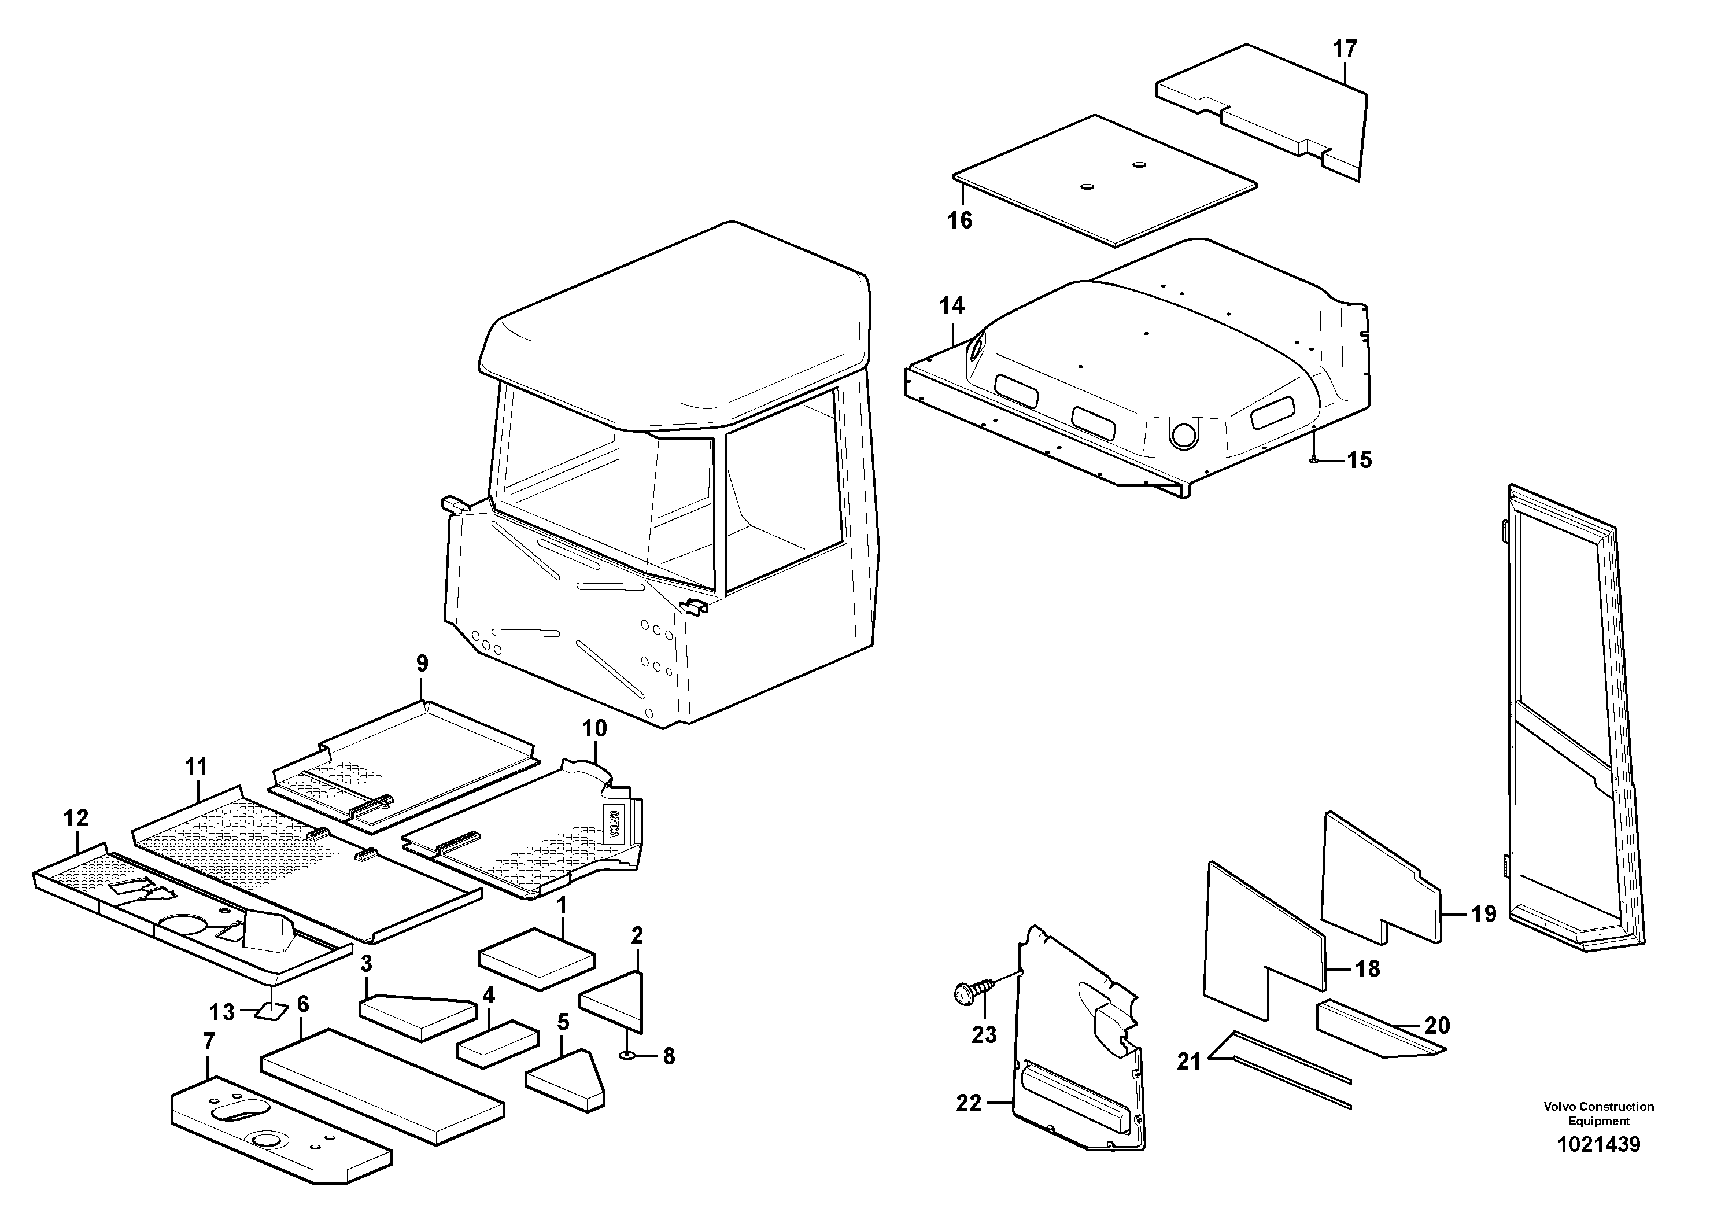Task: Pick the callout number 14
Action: (952, 306)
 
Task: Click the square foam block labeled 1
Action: (537, 959)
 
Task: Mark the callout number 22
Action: (969, 1104)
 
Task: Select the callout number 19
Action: (1483, 914)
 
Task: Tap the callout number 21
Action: (1189, 1062)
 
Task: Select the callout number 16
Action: (960, 220)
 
